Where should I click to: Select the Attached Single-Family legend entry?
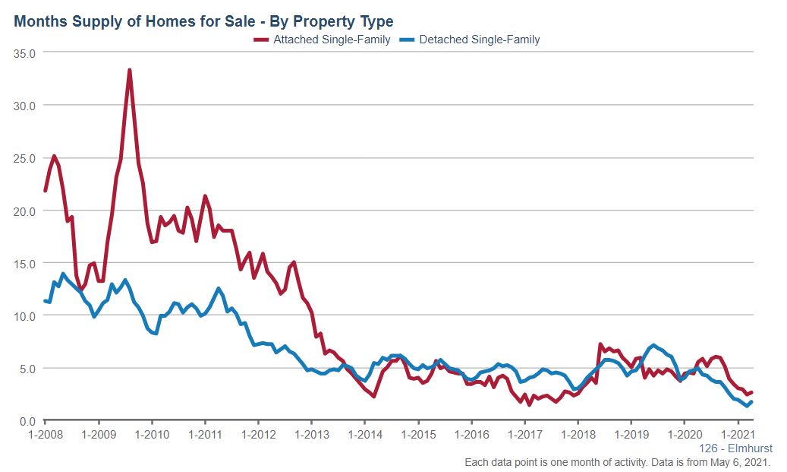click(x=322, y=40)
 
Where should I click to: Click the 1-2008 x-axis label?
click(x=45, y=435)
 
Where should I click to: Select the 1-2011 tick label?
click(x=205, y=435)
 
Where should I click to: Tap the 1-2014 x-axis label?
click(x=364, y=435)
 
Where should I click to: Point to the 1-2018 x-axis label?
click(x=578, y=435)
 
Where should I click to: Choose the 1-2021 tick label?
click(x=738, y=435)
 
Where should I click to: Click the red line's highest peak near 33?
click(x=130, y=70)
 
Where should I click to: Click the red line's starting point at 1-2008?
click(x=45, y=191)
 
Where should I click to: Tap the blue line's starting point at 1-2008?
click(x=45, y=301)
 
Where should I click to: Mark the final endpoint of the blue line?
click(x=751, y=402)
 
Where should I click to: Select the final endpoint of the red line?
click(x=751, y=392)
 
